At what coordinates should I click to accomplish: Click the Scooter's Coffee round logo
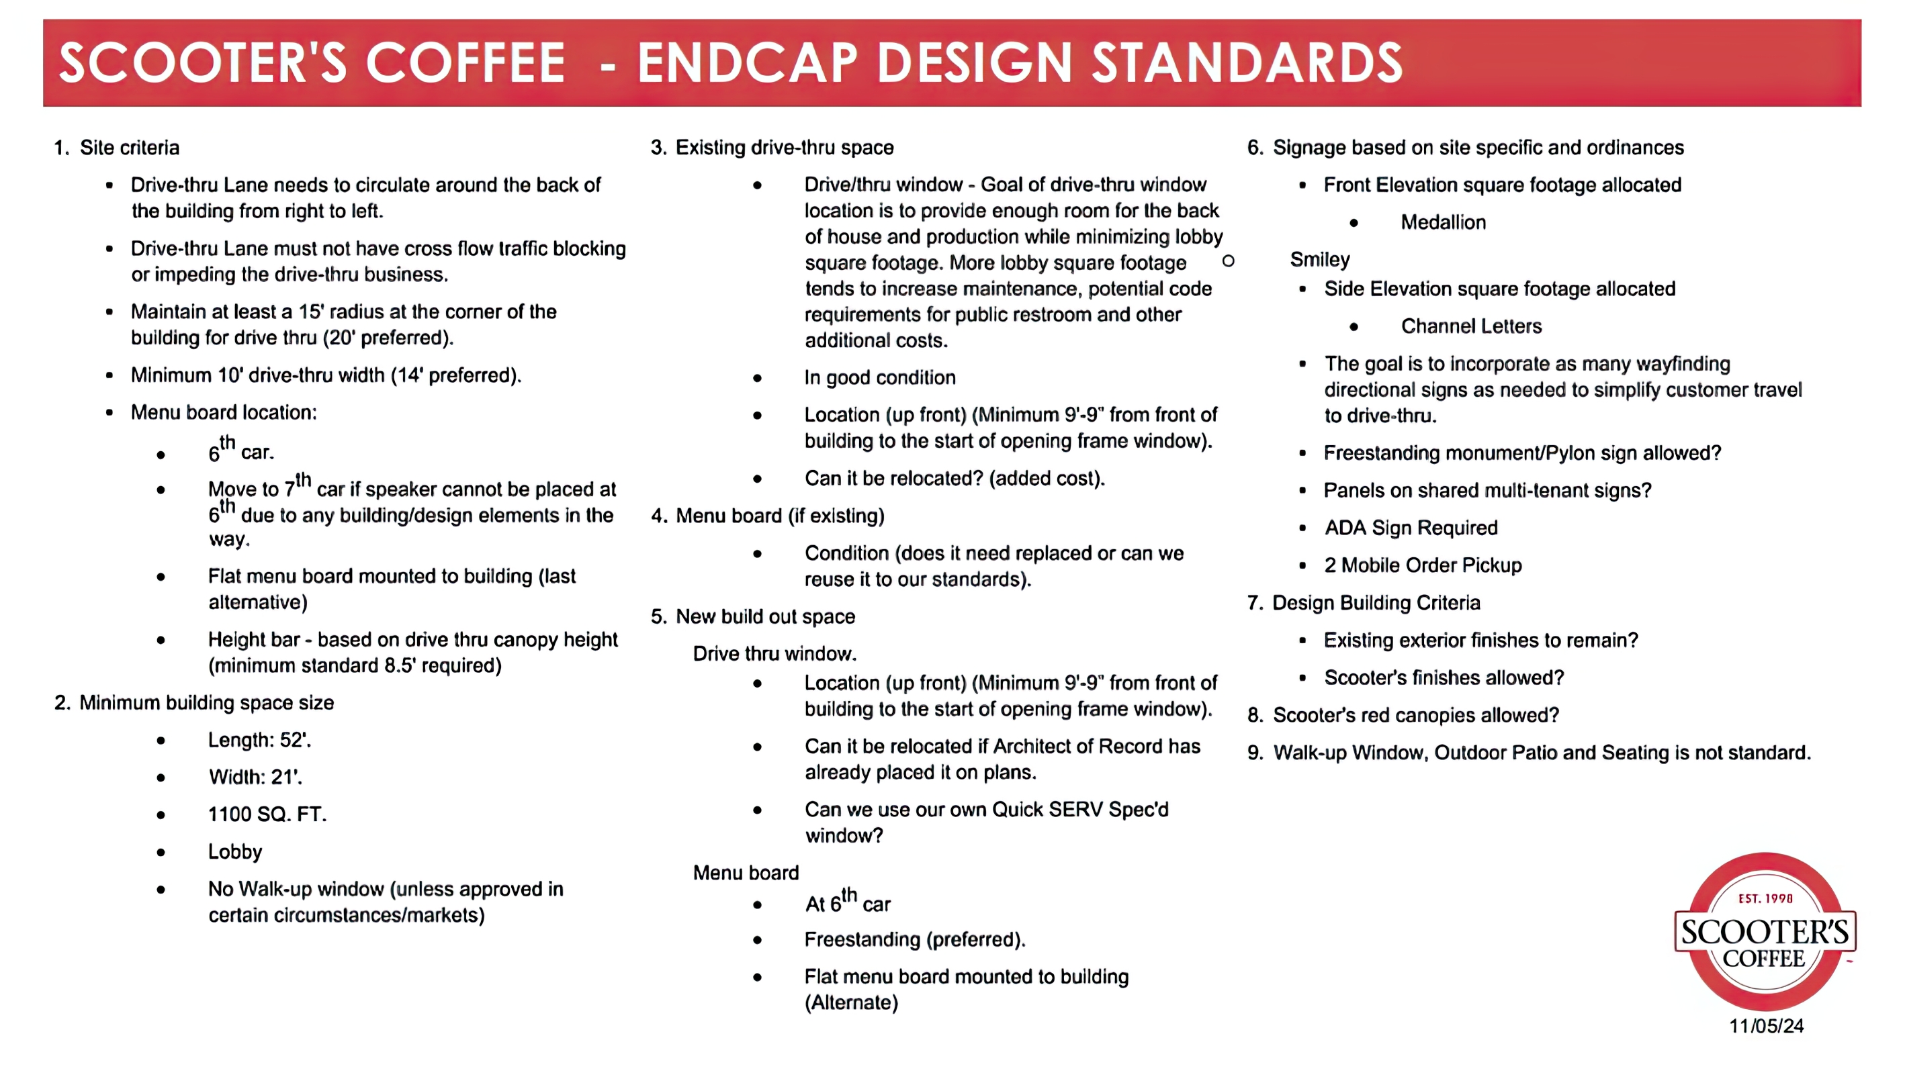point(1764,931)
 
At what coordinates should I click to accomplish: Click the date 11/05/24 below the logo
point(1766,1026)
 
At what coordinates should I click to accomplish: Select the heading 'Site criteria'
point(130,148)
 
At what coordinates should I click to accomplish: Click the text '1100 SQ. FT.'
point(267,814)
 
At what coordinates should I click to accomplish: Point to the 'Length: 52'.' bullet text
point(259,740)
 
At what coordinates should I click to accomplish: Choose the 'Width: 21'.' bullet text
point(255,777)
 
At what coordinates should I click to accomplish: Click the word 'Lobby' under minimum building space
point(235,852)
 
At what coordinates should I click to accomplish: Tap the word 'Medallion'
point(1443,222)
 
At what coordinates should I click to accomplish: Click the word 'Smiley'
point(1320,259)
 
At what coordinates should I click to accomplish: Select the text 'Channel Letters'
point(1471,326)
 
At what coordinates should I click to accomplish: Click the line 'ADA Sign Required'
point(1411,528)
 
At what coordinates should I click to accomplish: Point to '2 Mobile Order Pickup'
point(1423,565)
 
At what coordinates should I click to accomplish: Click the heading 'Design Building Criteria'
point(1376,603)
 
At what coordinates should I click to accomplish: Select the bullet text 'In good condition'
point(879,378)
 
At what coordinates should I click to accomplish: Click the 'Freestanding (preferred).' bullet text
point(914,940)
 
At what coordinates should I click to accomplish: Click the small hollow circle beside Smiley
point(1229,261)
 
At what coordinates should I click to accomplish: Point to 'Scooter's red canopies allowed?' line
point(1415,715)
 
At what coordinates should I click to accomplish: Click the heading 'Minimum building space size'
point(206,703)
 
